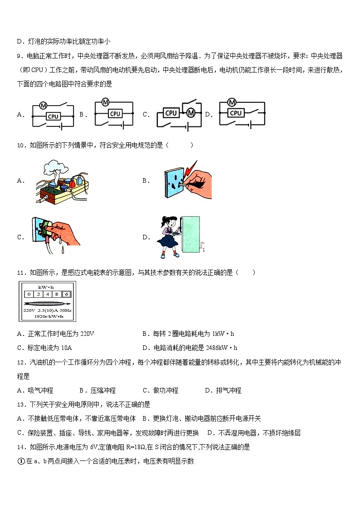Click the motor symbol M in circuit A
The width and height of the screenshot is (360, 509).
44,105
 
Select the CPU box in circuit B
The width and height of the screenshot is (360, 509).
115,114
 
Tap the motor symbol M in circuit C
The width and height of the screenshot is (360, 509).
191,112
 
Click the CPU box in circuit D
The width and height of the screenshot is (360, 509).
235,113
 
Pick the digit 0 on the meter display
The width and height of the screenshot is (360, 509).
29,294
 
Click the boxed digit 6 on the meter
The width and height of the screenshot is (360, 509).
66,294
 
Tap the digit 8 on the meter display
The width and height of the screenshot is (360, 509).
57,294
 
